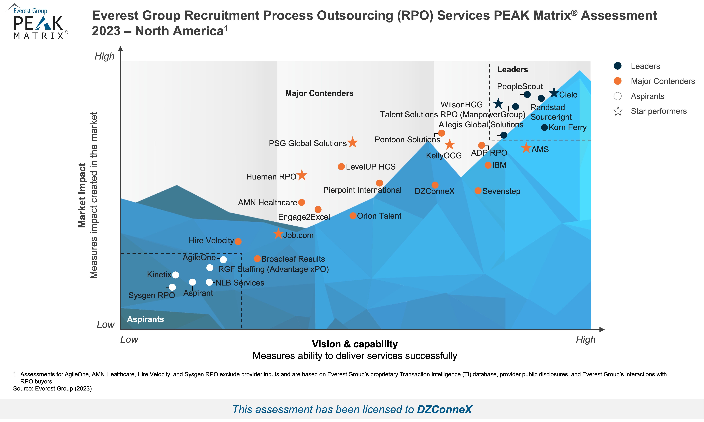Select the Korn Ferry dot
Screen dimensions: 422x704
pyautogui.click(x=544, y=127)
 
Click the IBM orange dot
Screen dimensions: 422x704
pyautogui.click(x=488, y=165)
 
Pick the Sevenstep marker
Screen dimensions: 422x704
pyautogui.click(x=478, y=191)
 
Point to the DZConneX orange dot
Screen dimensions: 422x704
pyautogui.click(x=435, y=185)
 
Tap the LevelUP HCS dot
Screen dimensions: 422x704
pyautogui.click(x=341, y=167)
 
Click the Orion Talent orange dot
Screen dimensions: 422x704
pyautogui.click(x=353, y=216)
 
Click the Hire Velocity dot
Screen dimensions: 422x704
pyautogui.click(x=238, y=241)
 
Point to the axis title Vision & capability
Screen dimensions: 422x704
pyautogui.click(x=355, y=344)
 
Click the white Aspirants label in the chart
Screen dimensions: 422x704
pyautogui.click(x=145, y=319)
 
